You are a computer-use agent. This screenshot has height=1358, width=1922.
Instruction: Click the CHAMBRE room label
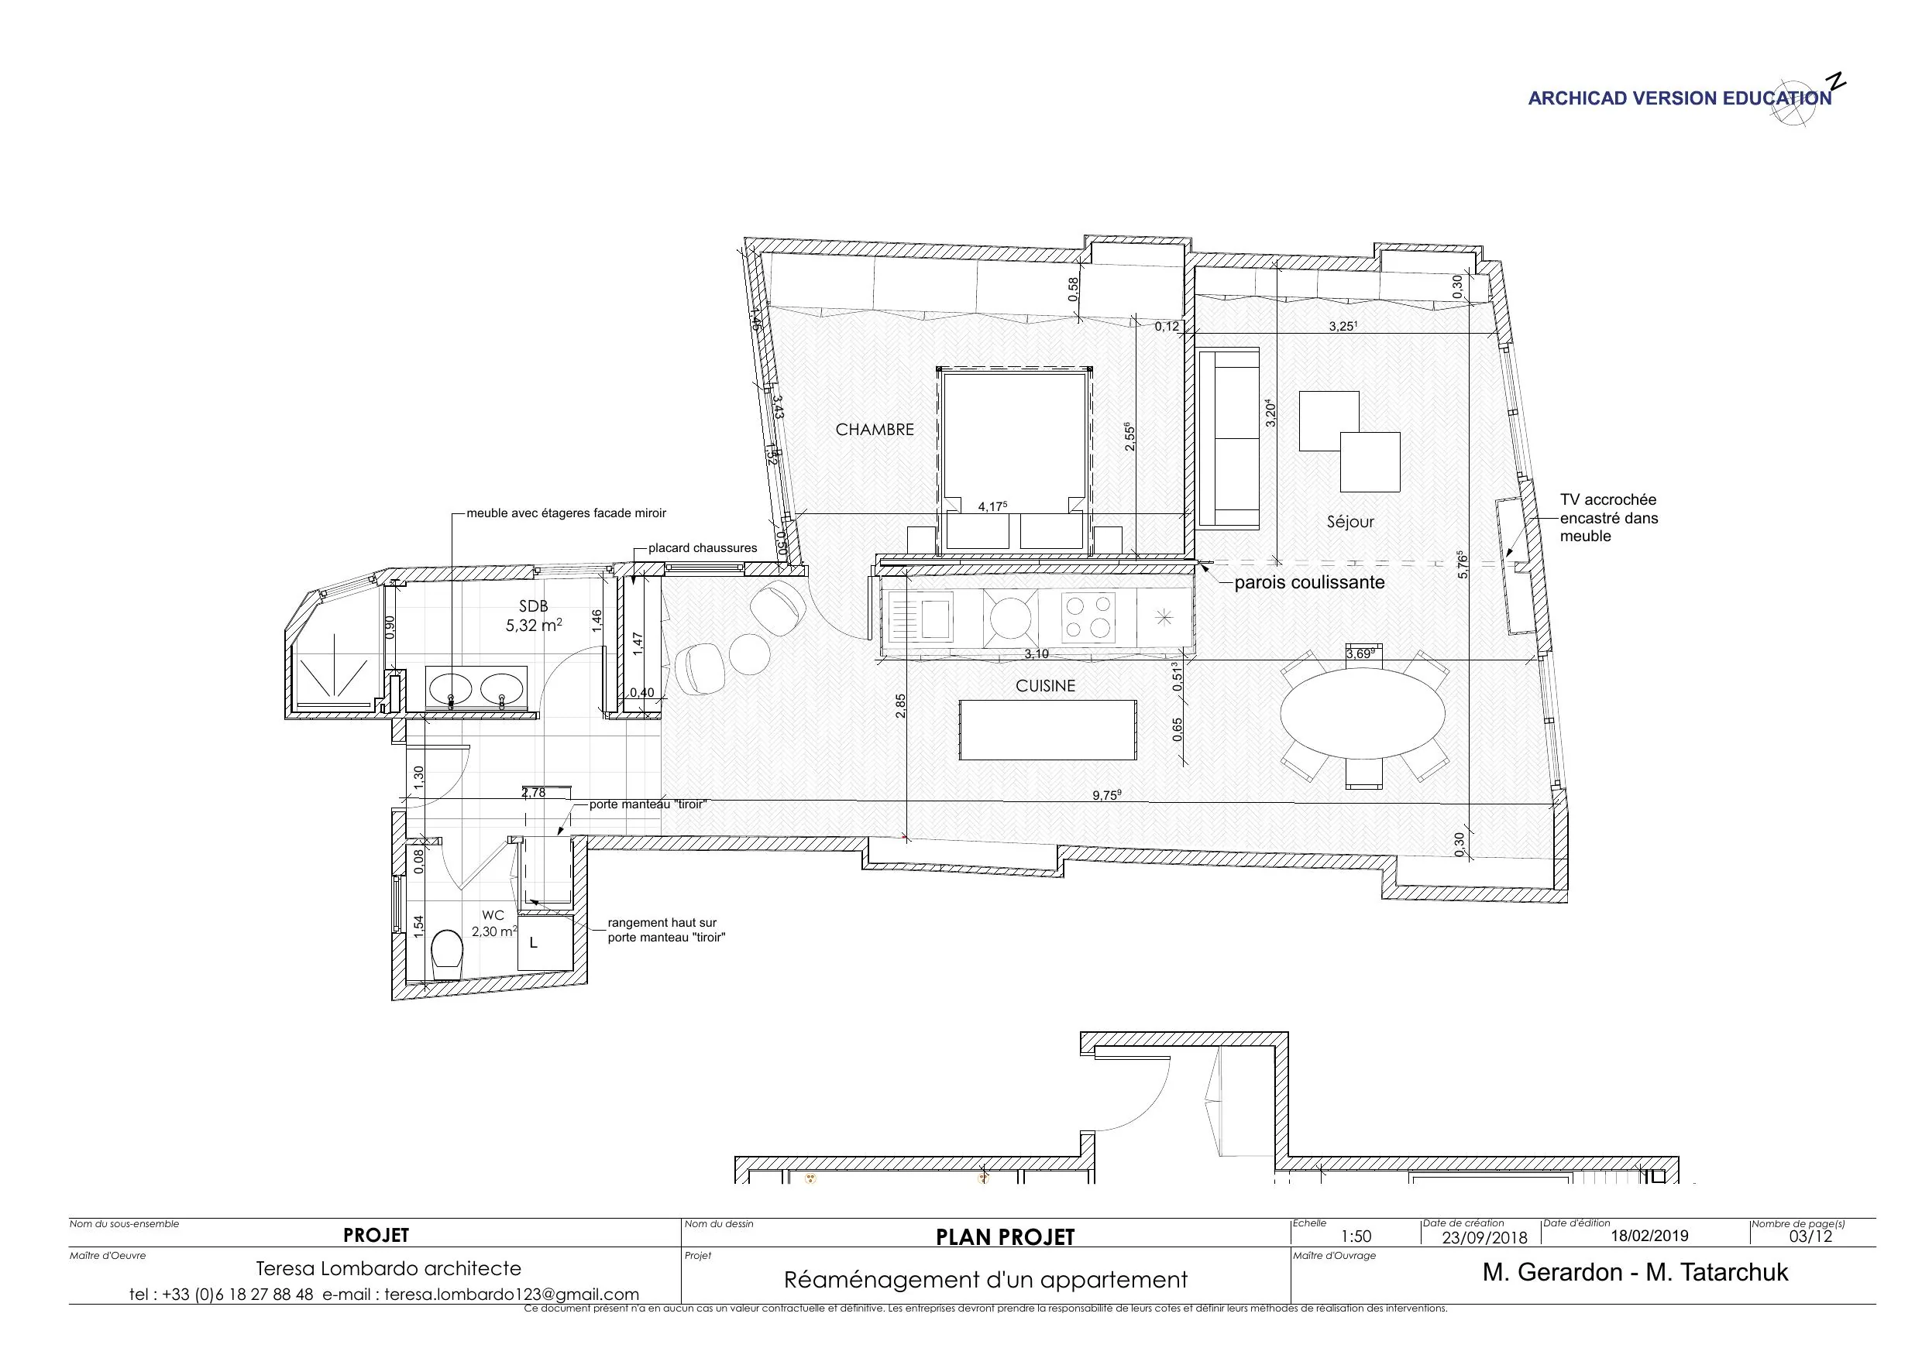(x=874, y=429)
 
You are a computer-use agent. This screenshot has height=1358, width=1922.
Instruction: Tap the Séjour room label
(x=1350, y=522)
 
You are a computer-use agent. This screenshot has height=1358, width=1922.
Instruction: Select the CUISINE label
(x=1045, y=686)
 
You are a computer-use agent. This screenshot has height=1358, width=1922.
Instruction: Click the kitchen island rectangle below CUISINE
(x=1047, y=729)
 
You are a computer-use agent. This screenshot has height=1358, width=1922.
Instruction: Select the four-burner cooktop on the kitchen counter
(x=1088, y=616)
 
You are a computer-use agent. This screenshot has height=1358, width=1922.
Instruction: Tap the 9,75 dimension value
(x=1105, y=796)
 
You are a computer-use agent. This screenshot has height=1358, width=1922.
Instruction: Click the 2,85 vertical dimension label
(x=900, y=705)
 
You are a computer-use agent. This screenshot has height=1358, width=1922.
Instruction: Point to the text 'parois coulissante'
(x=1309, y=582)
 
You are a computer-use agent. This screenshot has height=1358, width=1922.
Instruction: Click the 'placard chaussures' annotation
(x=702, y=548)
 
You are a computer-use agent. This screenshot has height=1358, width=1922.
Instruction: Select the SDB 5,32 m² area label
(x=533, y=616)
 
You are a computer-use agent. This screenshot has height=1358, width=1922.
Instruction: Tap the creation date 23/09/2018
(x=1484, y=1237)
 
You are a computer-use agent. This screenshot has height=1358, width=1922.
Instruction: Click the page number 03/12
(x=1810, y=1236)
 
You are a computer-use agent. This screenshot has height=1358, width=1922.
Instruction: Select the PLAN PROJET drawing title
(x=1004, y=1237)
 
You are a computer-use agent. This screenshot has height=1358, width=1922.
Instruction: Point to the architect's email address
(x=511, y=1295)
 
